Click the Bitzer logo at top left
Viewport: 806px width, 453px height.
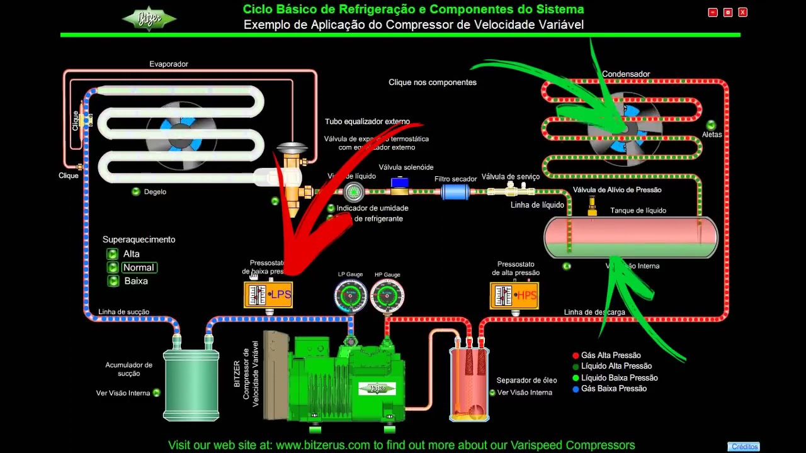[x=149, y=18]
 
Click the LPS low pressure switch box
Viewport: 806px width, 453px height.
[x=268, y=294]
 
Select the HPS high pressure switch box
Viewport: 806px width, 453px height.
[x=514, y=295]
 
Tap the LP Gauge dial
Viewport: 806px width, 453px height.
[x=351, y=296]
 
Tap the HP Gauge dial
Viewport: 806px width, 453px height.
[x=387, y=296]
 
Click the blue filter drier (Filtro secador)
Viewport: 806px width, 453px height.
[x=455, y=191]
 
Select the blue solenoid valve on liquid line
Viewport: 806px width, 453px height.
[x=399, y=184]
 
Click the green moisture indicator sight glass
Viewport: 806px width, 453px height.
[x=354, y=191]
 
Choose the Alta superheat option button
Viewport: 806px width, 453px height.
[x=113, y=254]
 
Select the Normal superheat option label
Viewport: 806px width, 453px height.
[x=139, y=267]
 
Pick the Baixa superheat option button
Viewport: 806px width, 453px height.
[x=113, y=281]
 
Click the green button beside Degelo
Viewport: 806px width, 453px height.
[x=136, y=192]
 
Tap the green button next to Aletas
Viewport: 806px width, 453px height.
[x=711, y=125]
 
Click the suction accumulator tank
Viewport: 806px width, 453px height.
[x=191, y=384]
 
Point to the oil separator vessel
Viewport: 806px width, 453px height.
[x=469, y=384]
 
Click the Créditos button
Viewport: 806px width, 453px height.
[x=744, y=447]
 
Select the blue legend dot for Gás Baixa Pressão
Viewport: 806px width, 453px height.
[x=576, y=389]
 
